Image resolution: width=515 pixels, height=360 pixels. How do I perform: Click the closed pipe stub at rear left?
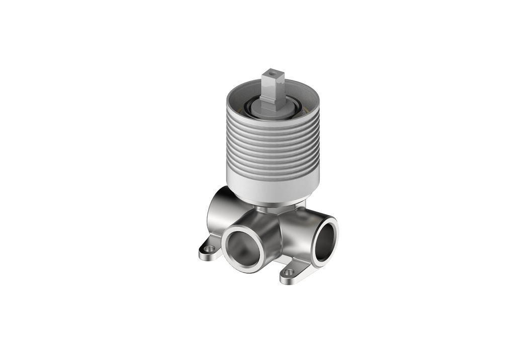pyautogui.click(x=217, y=211)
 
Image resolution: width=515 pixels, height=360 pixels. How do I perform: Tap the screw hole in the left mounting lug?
pyautogui.click(x=210, y=248)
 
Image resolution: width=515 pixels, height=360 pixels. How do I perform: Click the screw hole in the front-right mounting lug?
pyautogui.click(x=288, y=272)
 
